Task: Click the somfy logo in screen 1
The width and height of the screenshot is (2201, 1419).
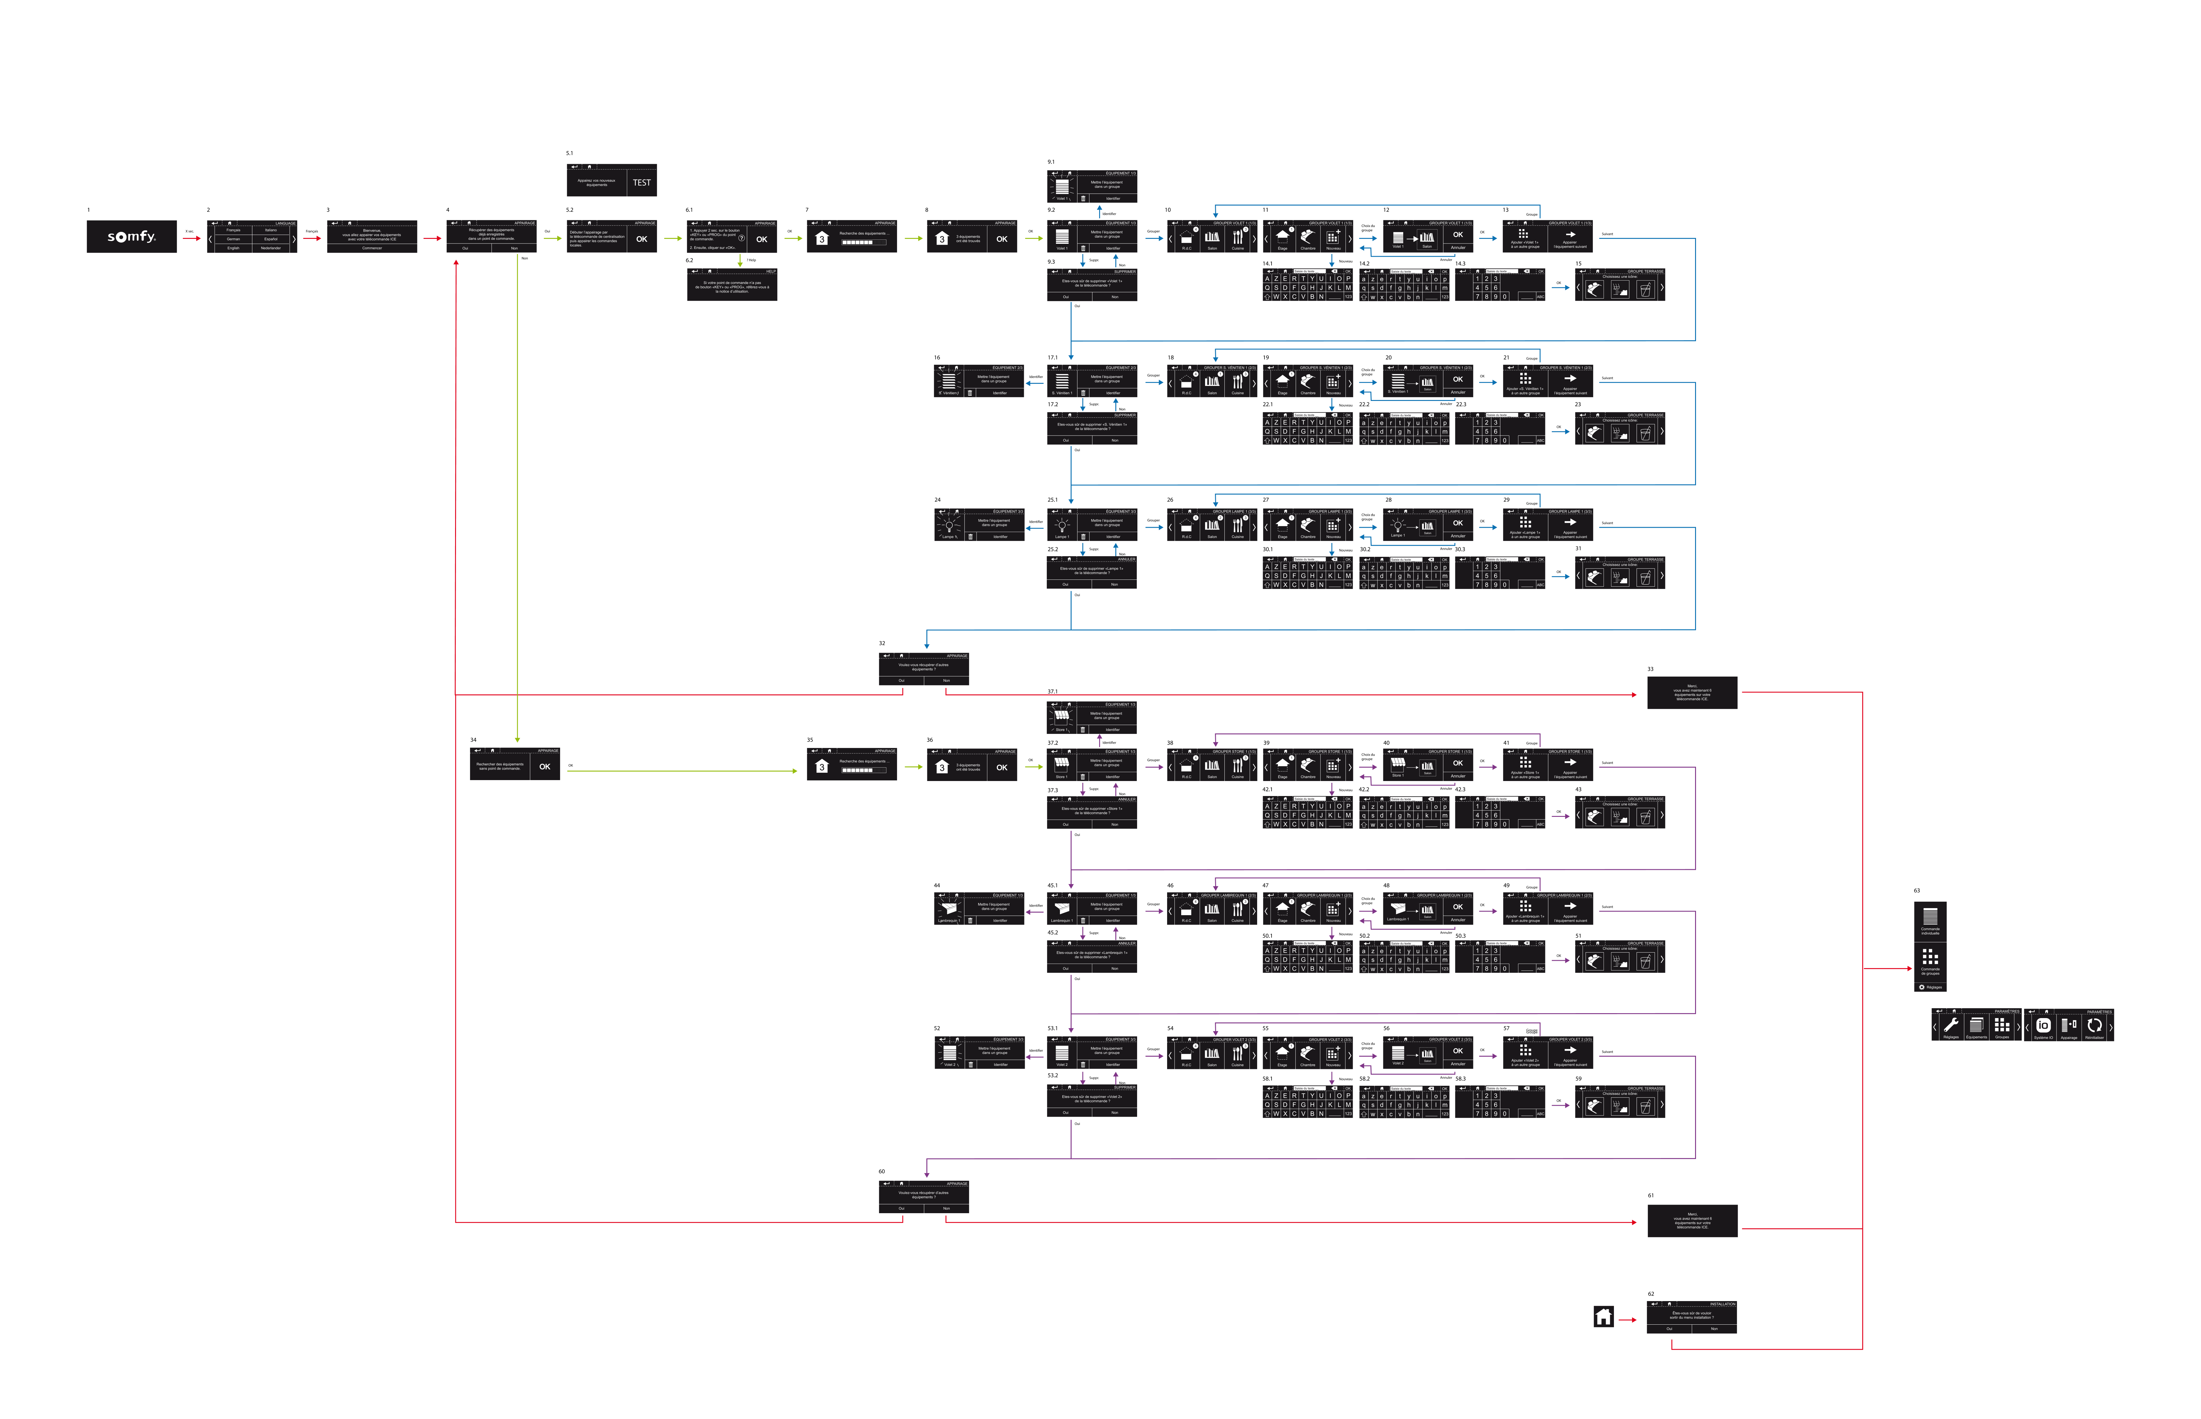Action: click(132, 237)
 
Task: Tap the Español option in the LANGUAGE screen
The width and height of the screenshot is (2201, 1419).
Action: click(271, 239)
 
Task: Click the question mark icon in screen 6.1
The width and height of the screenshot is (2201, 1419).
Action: click(742, 238)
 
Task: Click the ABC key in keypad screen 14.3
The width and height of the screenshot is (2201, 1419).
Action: click(1540, 297)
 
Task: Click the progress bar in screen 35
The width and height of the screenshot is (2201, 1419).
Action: click(857, 770)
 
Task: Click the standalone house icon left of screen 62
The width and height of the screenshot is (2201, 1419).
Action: click(1603, 1317)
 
